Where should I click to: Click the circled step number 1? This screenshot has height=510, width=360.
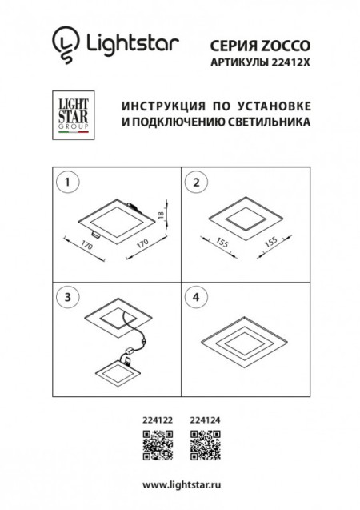click(x=68, y=183)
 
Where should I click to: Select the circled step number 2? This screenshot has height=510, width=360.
click(x=193, y=183)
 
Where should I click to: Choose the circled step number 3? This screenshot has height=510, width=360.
click(x=68, y=296)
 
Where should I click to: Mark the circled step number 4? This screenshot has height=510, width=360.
click(x=193, y=296)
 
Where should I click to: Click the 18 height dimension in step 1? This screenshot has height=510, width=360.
click(x=161, y=216)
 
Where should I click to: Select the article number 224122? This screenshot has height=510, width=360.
click(x=157, y=419)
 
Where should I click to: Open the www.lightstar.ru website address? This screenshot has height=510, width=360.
click(x=180, y=486)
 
